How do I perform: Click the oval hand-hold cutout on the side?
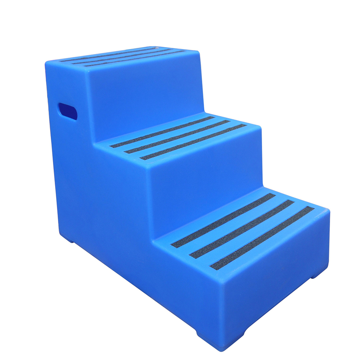coord(68,111)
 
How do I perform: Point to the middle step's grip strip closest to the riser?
coord(162,132)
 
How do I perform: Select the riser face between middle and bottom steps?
coord(205,173)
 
